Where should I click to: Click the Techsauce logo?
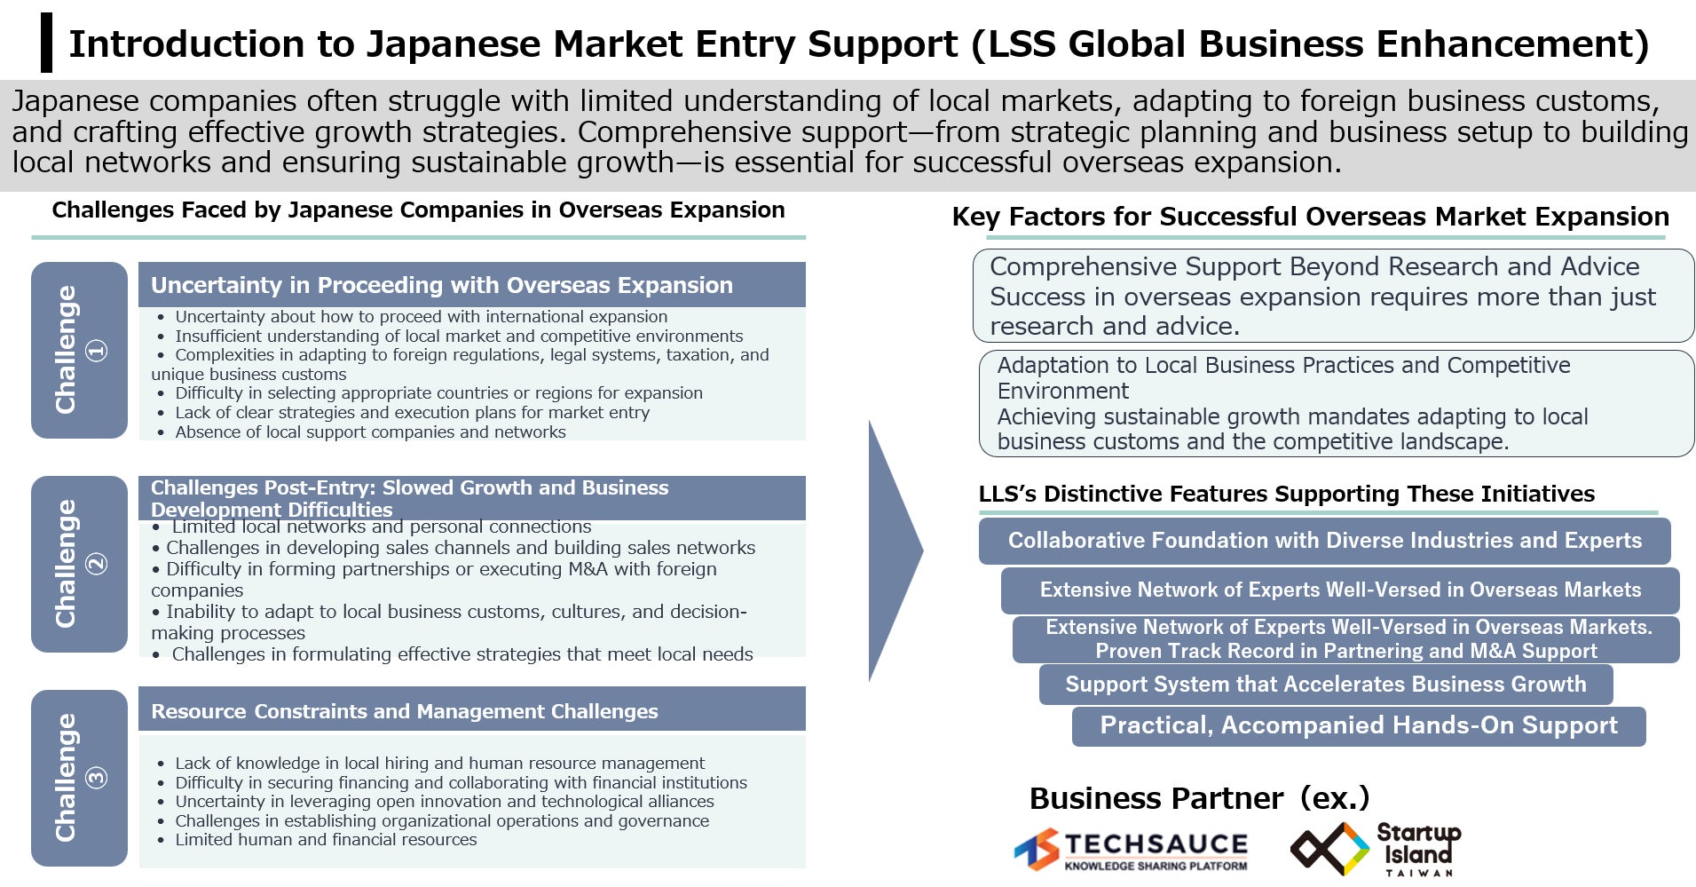pos(1131,850)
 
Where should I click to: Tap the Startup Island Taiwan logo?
pos(1375,849)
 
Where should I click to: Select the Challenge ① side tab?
pos(79,350)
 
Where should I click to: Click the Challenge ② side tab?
pos(79,564)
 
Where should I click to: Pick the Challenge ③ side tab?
pos(79,778)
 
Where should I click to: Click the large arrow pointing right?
pos(895,550)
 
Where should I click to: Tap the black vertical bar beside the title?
pos(46,43)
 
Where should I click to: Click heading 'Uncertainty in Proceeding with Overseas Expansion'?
pos(442,285)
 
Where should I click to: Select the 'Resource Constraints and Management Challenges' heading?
pos(405,711)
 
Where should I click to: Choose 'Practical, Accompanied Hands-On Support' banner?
pos(1359,725)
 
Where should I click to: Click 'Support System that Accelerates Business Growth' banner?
pos(1326,685)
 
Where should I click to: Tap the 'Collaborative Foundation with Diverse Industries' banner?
pos(1324,541)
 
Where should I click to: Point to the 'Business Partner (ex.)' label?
pos(1199,798)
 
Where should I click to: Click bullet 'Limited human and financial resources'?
pos(326,840)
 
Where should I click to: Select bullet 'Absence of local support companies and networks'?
pos(370,432)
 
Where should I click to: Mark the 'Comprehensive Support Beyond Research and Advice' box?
pos(1333,296)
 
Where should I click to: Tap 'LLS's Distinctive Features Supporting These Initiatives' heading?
pos(1286,494)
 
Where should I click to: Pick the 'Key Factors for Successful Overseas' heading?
pos(1310,217)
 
